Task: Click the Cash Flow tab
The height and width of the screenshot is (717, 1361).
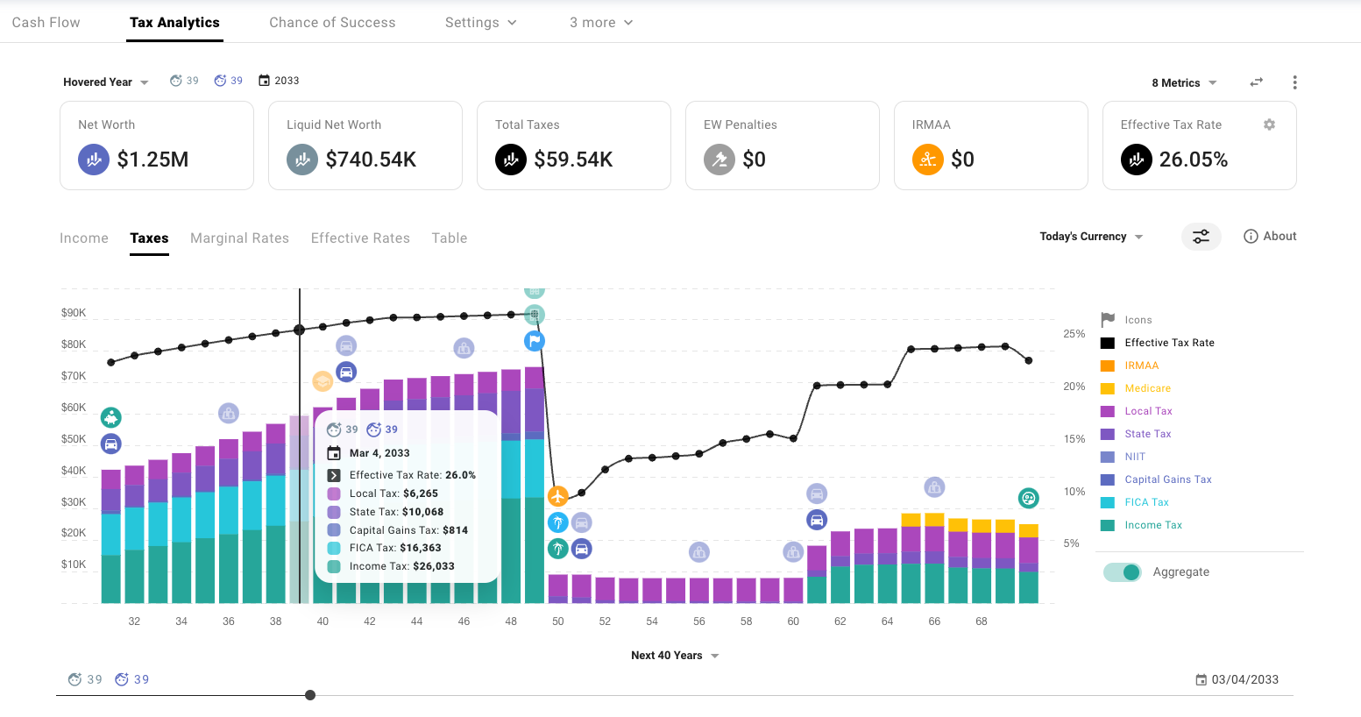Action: coord(46,23)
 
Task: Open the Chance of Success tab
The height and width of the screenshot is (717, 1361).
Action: coord(332,23)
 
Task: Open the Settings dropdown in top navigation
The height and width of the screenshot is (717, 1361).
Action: coord(480,23)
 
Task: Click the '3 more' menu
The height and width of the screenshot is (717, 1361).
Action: coord(601,23)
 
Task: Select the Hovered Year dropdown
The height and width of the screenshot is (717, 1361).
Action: coord(105,82)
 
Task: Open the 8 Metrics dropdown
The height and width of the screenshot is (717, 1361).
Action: coord(1184,83)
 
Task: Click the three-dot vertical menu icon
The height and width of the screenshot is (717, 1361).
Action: coord(1294,82)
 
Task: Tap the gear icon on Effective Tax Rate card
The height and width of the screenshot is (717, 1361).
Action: coord(1269,124)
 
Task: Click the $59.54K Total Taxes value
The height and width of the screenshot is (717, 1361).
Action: coord(573,160)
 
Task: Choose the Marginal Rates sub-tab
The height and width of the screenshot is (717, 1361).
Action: coord(239,238)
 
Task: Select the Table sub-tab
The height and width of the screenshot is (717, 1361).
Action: coord(449,238)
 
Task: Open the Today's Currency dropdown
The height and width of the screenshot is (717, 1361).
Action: coord(1091,237)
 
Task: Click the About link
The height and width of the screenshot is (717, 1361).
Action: coord(1270,237)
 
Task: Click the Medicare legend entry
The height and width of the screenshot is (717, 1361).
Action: coord(1147,388)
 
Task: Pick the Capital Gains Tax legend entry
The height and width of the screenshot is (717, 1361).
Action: coord(1167,479)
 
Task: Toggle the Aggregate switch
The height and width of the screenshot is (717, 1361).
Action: coord(1123,572)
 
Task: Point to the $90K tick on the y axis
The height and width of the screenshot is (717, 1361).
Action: coord(74,313)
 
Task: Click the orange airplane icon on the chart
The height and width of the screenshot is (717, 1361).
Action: coord(558,496)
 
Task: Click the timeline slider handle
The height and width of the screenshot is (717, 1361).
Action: coord(310,695)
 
